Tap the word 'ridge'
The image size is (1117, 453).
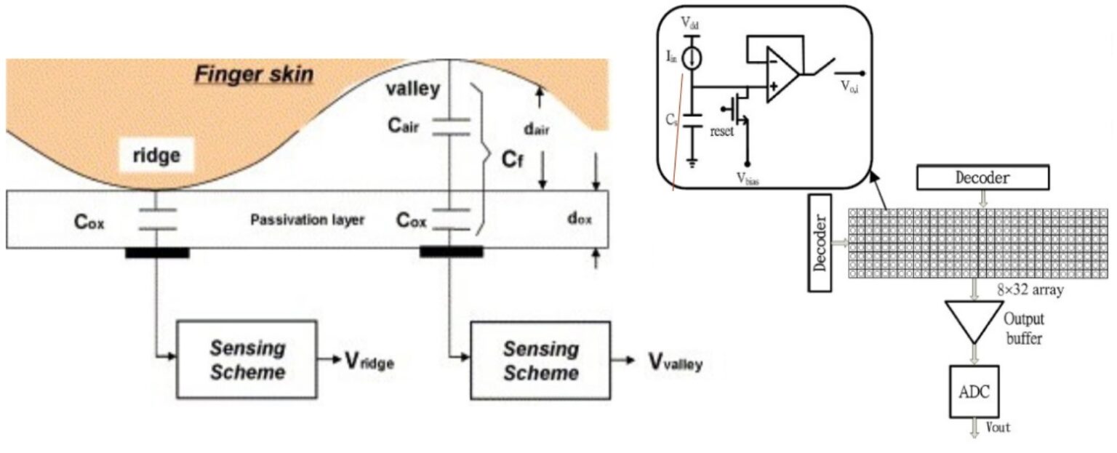pyautogui.click(x=156, y=157)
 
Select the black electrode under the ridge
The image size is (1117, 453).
pyautogui.click(x=157, y=252)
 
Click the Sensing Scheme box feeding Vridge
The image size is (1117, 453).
pyautogui.click(x=247, y=358)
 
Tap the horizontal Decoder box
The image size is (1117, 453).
pyautogui.click(x=982, y=177)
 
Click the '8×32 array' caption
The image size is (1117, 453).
pyautogui.click(x=1032, y=289)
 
